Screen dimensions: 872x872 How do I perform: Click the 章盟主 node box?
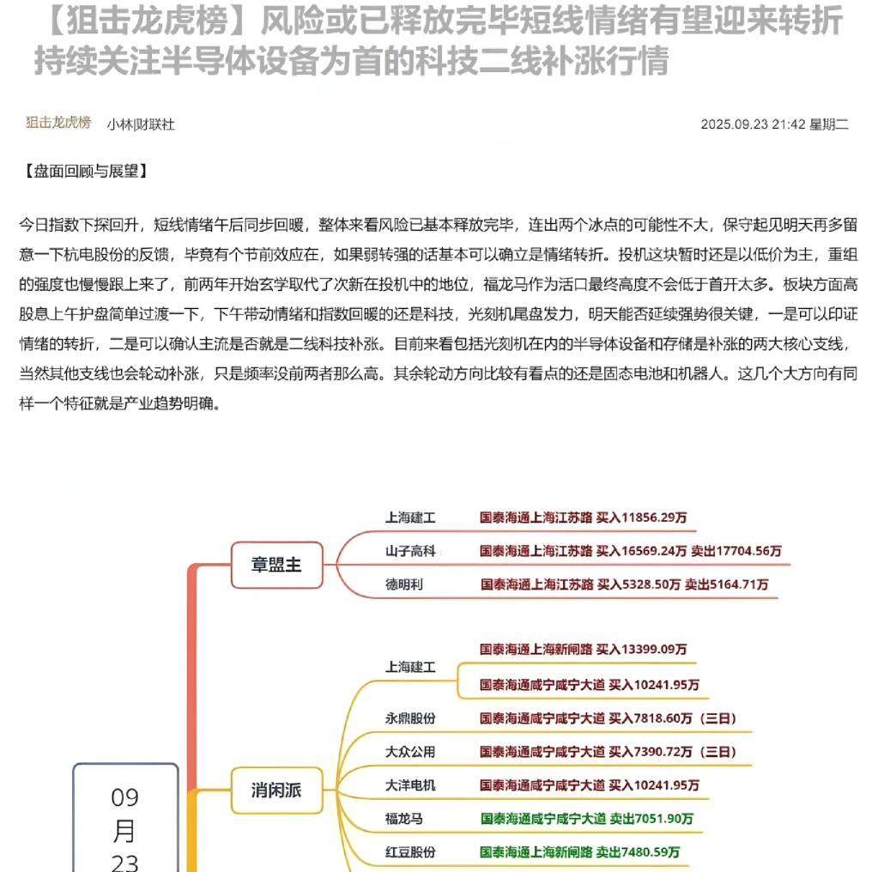click(x=276, y=565)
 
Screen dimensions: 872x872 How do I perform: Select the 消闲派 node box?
click(x=276, y=790)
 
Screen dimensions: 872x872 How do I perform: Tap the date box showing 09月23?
click(x=125, y=824)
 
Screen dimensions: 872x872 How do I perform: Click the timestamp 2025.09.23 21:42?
click(x=753, y=124)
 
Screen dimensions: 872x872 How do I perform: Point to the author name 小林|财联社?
click(x=141, y=124)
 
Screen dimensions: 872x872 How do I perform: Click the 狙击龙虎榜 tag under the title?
click(x=58, y=123)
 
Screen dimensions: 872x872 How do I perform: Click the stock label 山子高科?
click(x=410, y=551)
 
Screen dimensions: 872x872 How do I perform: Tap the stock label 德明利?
click(x=404, y=584)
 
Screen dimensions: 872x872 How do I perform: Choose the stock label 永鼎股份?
click(x=410, y=718)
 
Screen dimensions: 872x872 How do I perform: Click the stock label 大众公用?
click(x=410, y=751)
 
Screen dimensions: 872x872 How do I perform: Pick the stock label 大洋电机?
click(x=410, y=784)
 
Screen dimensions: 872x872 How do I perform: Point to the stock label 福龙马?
click(x=404, y=819)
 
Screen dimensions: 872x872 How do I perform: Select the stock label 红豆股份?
click(x=410, y=852)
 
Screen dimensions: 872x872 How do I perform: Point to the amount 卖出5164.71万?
click(x=726, y=584)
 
